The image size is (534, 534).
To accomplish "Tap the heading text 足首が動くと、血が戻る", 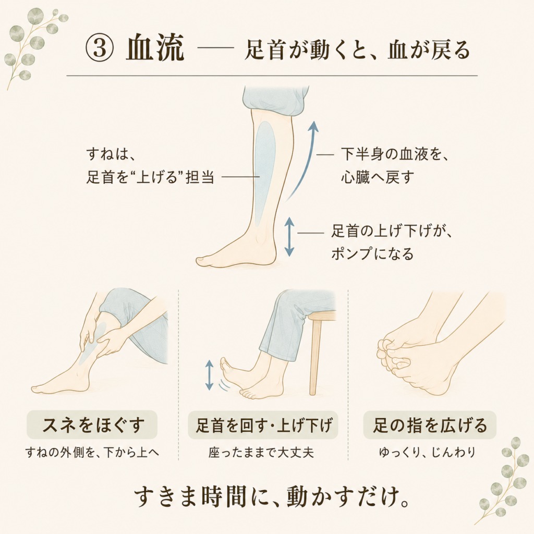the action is click(x=357, y=50).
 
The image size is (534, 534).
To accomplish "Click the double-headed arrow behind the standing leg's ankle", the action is click(x=289, y=236).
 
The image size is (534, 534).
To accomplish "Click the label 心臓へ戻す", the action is click(x=378, y=177).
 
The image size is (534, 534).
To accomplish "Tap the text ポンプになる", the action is click(x=372, y=254).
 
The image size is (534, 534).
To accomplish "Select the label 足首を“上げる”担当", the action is click(x=150, y=177).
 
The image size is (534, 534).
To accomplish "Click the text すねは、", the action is click(x=111, y=154).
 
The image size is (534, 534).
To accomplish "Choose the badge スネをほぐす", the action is click(x=92, y=424).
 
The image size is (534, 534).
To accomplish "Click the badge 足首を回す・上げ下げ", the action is click(x=263, y=425).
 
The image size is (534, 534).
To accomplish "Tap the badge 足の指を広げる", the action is click(x=430, y=425).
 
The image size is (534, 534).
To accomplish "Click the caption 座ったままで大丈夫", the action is click(x=261, y=453).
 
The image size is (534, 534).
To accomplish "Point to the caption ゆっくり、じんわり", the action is click(x=428, y=452).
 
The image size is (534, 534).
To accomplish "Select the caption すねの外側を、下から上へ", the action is click(x=92, y=453).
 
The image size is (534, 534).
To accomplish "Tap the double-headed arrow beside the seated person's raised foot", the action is click(x=210, y=375).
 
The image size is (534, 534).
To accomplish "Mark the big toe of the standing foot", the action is click(x=202, y=261).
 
